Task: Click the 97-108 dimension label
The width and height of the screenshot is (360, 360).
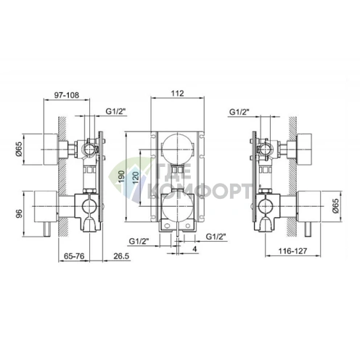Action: [66, 95]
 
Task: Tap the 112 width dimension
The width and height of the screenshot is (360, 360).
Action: [178, 94]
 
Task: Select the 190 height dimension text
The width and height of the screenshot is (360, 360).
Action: [122, 176]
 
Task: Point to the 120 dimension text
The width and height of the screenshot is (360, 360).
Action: [136, 177]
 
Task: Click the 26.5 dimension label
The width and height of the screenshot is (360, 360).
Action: [121, 256]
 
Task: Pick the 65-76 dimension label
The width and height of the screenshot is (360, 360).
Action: [74, 256]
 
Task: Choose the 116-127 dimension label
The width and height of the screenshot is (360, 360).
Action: [292, 251]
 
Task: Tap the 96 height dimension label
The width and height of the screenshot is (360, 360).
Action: [19, 213]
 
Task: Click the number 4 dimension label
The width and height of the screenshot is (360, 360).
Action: [195, 249]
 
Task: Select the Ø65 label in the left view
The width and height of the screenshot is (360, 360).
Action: [19, 150]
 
